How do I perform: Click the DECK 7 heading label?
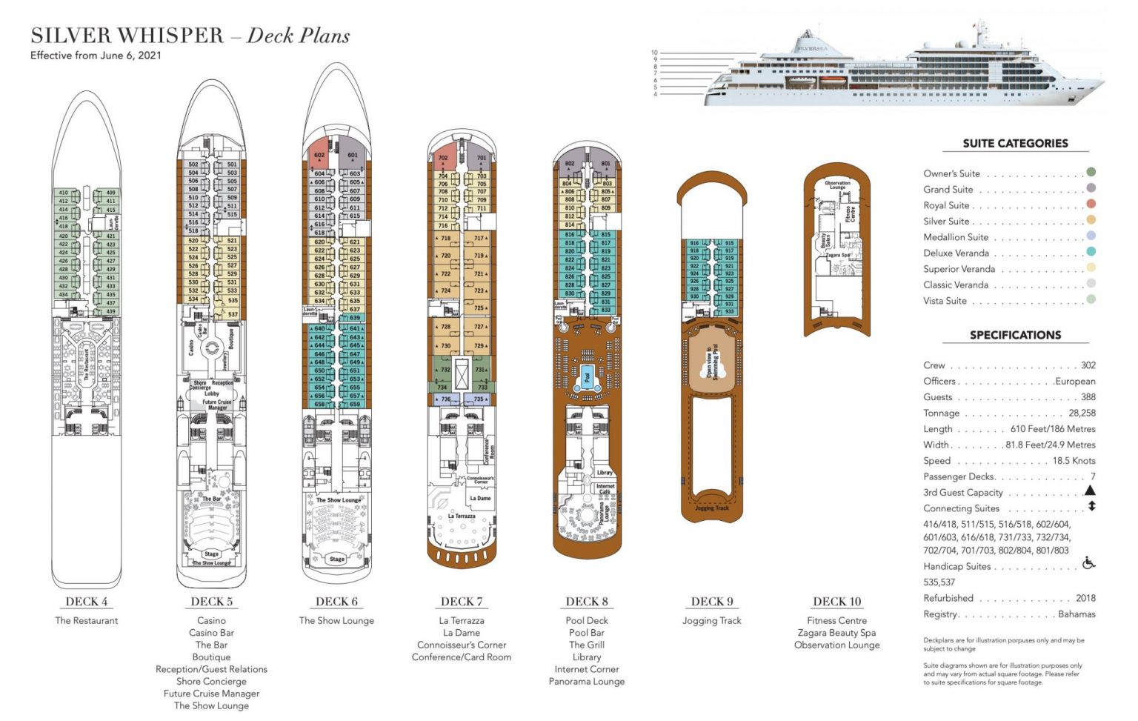pyautogui.click(x=461, y=602)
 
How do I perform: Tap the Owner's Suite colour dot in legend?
pyautogui.click(x=1091, y=173)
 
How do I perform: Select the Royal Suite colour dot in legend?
pyautogui.click(x=1091, y=205)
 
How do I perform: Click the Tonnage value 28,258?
pyautogui.click(x=1082, y=413)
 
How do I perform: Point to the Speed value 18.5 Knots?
pyautogui.click(x=1074, y=460)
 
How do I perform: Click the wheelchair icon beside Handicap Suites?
pyautogui.click(x=1088, y=563)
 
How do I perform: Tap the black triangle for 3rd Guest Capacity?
pyautogui.click(x=1090, y=491)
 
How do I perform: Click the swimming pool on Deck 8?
pyautogui.click(x=587, y=377)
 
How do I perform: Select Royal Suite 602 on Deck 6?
pyautogui.click(x=319, y=156)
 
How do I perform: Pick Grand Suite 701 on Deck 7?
pyautogui.click(x=482, y=158)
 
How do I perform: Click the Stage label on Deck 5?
pyautogui.click(x=212, y=554)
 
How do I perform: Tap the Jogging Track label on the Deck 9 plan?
pyautogui.click(x=711, y=508)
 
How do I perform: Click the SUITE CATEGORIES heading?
pyautogui.click(x=1015, y=143)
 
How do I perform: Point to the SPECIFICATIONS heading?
pyautogui.click(x=1015, y=335)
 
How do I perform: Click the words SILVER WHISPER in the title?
pyautogui.click(x=127, y=36)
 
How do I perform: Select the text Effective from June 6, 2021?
pyautogui.click(x=96, y=56)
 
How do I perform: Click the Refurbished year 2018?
pyautogui.click(x=1085, y=598)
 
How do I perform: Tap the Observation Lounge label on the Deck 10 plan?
pyautogui.click(x=837, y=185)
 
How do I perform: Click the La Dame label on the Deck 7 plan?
pyautogui.click(x=480, y=498)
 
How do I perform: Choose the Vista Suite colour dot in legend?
pyautogui.click(x=1091, y=299)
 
